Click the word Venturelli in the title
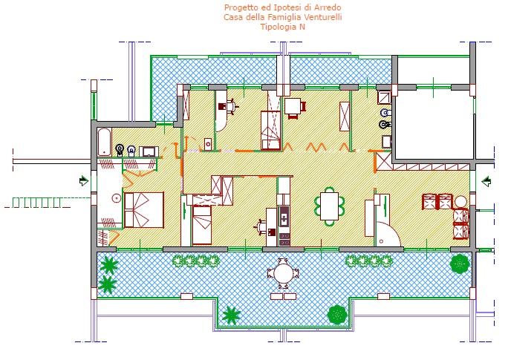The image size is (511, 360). click(323, 17)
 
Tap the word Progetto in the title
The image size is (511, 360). click(239, 7)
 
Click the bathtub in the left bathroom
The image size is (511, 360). click(104, 143)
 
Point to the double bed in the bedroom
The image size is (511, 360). click(144, 210)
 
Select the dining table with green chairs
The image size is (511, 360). click(330, 206)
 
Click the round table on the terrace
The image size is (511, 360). click(282, 273)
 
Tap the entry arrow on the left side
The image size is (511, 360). click(84, 180)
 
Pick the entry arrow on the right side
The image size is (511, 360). click(486, 181)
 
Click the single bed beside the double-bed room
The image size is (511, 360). click(202, 225)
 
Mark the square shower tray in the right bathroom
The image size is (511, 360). click(384, 97)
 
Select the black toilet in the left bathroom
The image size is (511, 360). click(120, 150)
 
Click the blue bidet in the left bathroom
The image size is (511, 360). click(131, 151)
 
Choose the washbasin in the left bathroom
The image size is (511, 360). click(149, 151)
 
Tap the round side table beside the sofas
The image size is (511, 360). click(460, 202)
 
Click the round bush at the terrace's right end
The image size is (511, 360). click(460, 264)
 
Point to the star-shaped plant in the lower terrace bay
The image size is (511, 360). click(231, 315)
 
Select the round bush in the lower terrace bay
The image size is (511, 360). click(337, 315)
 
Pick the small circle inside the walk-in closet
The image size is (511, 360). click(116, 197)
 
